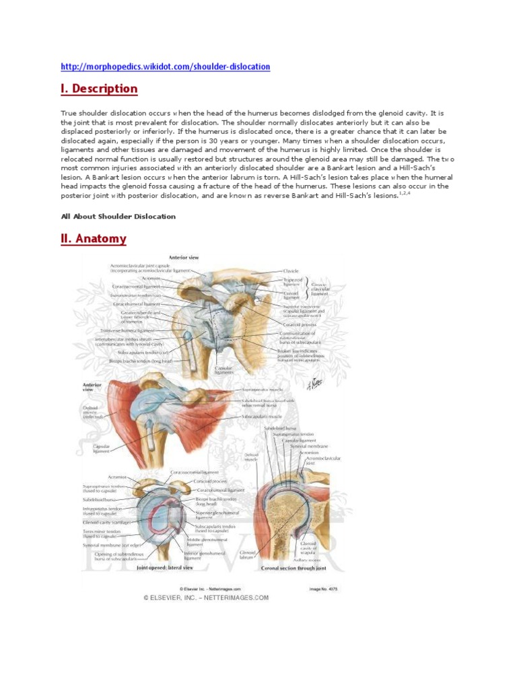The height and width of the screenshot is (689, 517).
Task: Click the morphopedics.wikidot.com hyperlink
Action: point(165,67)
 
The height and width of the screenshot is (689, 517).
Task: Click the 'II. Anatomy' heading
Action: point(94,238)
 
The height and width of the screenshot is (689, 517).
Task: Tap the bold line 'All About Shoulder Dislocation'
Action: point(118,217)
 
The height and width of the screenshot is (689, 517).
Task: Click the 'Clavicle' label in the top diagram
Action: point(291,271)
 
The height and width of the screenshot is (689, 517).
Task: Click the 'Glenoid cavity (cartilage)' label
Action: point(108,521)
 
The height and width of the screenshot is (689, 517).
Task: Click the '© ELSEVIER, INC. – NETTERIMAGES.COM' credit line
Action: point(205,597)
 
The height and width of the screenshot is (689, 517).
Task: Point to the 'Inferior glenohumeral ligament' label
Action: point(201,556)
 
